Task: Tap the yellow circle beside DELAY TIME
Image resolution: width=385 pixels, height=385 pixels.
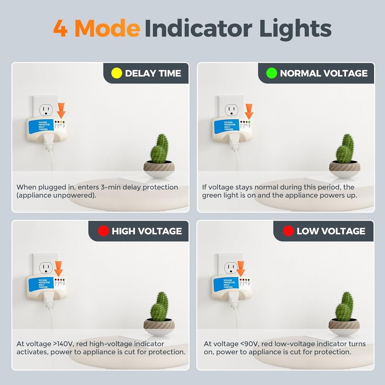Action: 116,73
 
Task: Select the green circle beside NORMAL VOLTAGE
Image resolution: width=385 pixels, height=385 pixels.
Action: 272,73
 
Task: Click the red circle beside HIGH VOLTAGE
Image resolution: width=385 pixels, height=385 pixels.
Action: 103,231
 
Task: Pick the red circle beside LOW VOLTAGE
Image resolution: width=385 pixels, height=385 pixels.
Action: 288,231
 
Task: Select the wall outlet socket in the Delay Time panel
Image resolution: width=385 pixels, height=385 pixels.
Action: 45,109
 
